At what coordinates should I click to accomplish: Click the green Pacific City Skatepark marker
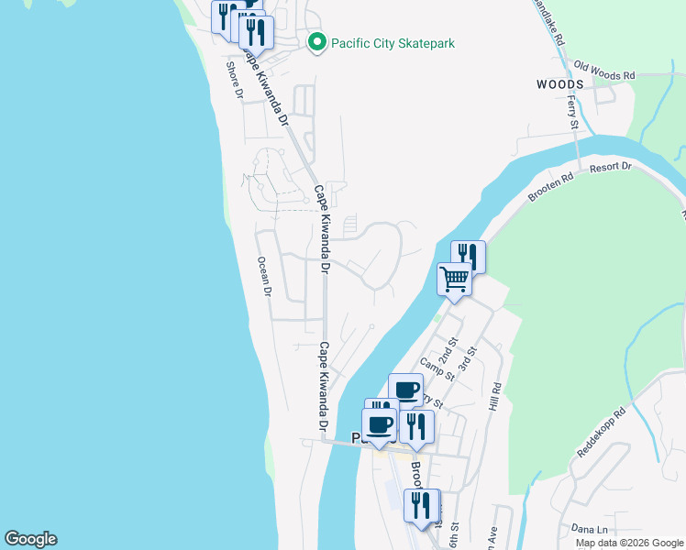point(317,43)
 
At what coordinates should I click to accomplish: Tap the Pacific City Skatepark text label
point(393,43)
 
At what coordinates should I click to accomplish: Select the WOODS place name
point(559,83)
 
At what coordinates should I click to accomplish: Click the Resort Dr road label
point(611,168)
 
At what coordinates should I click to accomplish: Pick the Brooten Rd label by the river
point(550,186)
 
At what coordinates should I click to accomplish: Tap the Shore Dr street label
point(234,79)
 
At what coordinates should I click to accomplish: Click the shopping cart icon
point(454,278)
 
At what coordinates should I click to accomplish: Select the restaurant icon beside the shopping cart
point(469,256)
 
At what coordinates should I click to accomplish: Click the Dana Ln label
point(589,528)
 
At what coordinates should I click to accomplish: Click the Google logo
point(30,539)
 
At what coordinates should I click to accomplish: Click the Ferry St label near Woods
point(573,111)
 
